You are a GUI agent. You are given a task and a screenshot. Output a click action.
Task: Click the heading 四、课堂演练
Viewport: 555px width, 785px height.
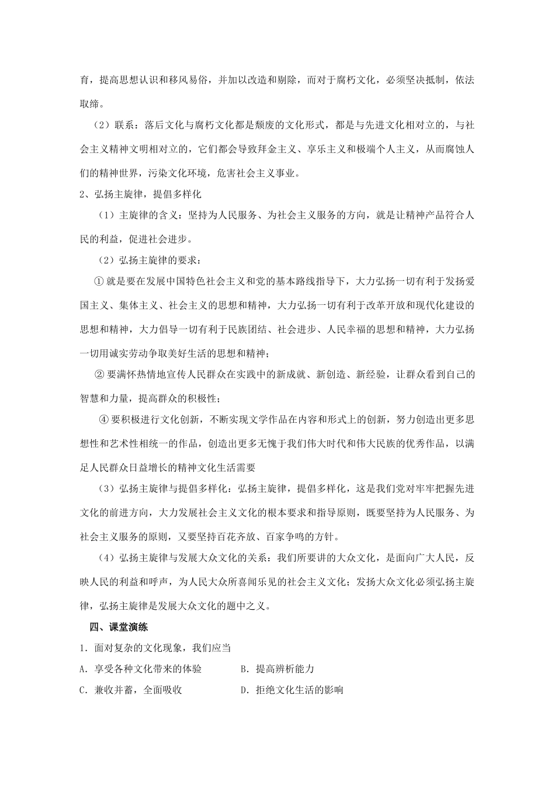point(119,627)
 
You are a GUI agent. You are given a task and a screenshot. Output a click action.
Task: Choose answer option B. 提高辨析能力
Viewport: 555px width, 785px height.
point(277,669)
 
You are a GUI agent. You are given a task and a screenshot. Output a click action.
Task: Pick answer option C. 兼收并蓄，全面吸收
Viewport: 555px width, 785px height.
point(131,690)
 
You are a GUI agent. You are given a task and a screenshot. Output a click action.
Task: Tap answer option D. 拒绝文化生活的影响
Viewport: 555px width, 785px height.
point(292,690)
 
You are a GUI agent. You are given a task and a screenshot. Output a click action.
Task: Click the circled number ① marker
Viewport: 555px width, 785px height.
point(99,281)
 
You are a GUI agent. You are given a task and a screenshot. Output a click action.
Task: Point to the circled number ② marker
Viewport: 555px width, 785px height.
point(99,374)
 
